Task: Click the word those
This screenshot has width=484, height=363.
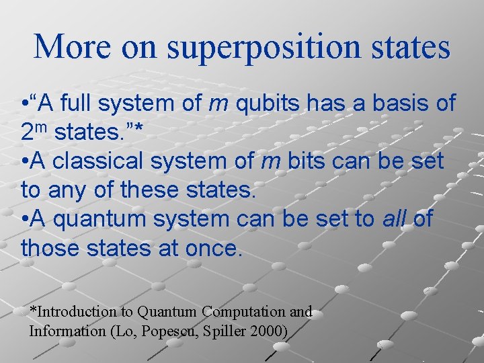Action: click(x=50, y=248)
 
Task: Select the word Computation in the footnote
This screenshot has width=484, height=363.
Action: click(x=245, y=311)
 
